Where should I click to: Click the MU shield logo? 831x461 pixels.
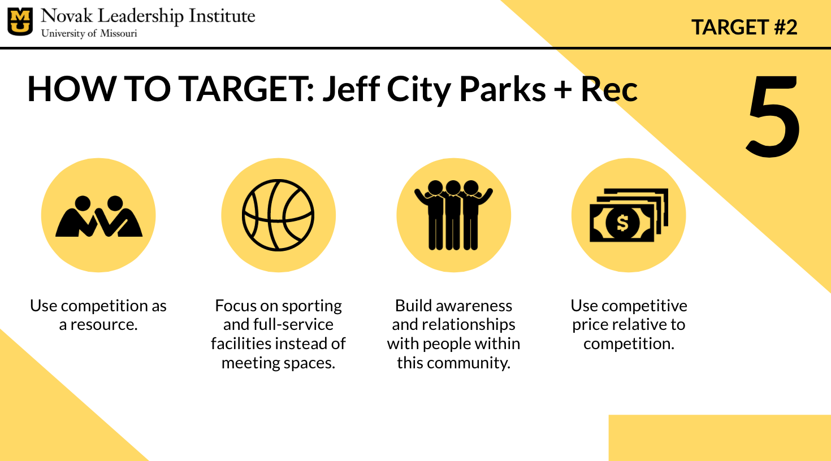20,21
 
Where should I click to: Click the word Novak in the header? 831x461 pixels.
67,16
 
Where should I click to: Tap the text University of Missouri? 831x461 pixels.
89,33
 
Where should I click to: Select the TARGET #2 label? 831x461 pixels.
744,27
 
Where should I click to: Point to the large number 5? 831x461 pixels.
772,115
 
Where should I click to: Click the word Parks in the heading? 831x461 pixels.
503,89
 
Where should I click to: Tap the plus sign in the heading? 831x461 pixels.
563,90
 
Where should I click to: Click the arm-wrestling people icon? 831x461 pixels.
99,216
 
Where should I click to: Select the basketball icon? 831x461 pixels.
279,215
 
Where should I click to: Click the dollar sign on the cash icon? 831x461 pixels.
622,223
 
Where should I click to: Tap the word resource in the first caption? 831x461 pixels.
103,324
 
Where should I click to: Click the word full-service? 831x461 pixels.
293,324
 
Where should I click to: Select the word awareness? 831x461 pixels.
474,306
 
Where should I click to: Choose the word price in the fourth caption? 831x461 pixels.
589,325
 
